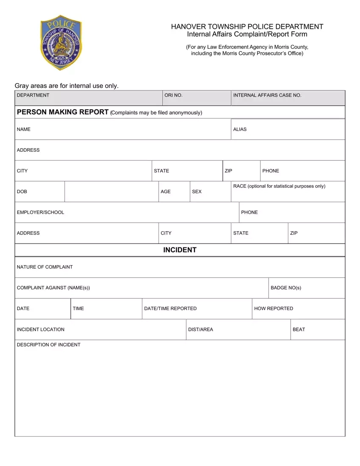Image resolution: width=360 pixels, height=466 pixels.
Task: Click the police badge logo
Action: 61,44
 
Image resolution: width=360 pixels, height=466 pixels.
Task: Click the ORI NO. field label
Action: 173,95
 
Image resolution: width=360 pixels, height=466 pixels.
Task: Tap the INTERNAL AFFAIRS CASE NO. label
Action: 267,95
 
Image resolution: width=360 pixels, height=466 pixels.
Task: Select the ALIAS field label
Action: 240,129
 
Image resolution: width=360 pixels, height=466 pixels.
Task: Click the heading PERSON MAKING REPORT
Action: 63,112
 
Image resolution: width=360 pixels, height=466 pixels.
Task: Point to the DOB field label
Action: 22,191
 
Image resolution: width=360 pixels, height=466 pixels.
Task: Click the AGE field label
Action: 166,191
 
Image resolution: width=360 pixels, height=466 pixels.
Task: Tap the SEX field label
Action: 197,191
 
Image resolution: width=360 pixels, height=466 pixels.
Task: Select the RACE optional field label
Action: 279,186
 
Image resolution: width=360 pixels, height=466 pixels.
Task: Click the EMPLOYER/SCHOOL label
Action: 41,212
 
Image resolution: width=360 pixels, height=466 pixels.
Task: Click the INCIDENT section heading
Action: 180,250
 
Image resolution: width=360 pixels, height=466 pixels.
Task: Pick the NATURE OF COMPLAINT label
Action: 45,267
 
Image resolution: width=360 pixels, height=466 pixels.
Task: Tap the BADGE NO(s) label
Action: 286,288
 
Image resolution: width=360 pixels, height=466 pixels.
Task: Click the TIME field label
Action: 78,308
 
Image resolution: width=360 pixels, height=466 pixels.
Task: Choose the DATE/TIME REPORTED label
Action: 170,308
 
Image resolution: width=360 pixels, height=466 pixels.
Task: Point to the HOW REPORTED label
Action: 274,308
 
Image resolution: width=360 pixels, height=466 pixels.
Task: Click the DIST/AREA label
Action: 200,329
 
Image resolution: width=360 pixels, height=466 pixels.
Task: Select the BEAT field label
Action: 299,329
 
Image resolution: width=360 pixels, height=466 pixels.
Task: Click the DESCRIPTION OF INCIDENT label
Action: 49,345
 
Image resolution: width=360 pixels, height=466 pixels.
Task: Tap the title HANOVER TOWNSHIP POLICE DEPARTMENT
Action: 247,27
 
